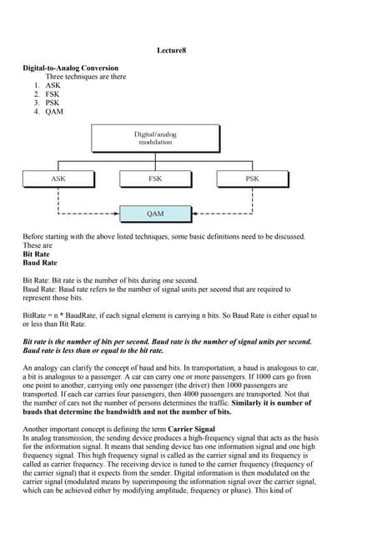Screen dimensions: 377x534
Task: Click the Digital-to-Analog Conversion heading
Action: [x=70, y=68]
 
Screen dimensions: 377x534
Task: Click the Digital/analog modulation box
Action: [x=155, y=139]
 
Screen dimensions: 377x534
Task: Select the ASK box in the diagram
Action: [x=58, y=179]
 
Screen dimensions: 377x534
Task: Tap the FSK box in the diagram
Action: [x=155, y=179]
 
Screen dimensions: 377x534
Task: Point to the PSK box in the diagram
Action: [x=252, y=179]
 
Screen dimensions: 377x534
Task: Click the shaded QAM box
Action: [x=155, y=214]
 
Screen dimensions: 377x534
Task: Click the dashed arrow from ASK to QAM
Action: [x=83, y=214]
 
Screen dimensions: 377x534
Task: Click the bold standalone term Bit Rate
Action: [x=38, y=254]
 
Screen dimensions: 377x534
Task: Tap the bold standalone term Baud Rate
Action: [x=41, y=264]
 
